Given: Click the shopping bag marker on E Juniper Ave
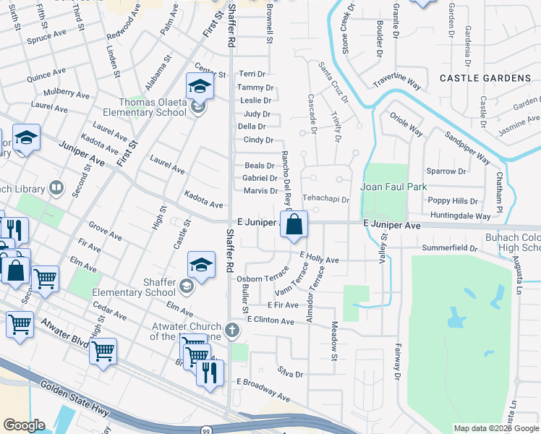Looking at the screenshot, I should (294, 225).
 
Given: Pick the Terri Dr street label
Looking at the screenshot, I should (252, 74).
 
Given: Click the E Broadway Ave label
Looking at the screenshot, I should (263, 390).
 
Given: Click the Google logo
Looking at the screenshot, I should (24, 425).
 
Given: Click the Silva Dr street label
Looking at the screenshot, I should (289, 375).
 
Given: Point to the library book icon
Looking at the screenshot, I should (56, 189).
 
